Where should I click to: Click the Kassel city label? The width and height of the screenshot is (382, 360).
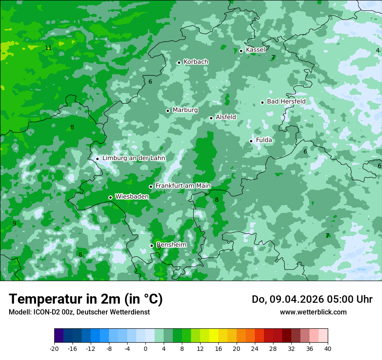255,50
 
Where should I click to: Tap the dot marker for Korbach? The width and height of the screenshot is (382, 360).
179,62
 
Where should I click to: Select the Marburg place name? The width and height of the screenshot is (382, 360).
185,110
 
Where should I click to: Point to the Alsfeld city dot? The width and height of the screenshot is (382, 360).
211,118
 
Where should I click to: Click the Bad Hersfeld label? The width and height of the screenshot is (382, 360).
286,101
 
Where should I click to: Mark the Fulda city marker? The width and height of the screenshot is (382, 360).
251,141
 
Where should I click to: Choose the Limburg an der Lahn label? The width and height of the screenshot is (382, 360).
133,158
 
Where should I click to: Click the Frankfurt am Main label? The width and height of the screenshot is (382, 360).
183,186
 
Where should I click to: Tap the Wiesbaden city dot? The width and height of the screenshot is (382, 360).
111,197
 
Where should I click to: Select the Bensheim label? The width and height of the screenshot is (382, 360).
171,245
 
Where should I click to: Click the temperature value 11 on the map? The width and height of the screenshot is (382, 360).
48,48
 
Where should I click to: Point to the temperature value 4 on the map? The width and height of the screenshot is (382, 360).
378,50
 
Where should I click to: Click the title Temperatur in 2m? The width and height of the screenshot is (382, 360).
86,299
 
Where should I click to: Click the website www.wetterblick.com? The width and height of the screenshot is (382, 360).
313,312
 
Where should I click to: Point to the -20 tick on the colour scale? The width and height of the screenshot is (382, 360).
54,348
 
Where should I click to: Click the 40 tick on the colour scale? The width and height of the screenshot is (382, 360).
327,348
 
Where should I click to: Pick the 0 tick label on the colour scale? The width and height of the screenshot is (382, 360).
145,348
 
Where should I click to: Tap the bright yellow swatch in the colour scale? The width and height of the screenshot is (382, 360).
214,336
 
